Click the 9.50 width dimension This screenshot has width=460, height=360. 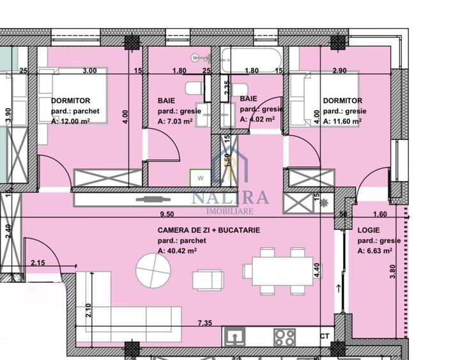[x=167, y=215]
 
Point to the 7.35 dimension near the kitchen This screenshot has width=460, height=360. [x=204, y=324]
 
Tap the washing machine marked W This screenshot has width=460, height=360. [x=200, y=177]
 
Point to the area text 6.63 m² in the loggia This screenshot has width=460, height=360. [x=378, y=251]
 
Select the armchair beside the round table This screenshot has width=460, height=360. [x=208, y=279]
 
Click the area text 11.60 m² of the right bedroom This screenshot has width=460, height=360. [x=344, y=120]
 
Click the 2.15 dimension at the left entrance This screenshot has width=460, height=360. [x=38, y=263]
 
